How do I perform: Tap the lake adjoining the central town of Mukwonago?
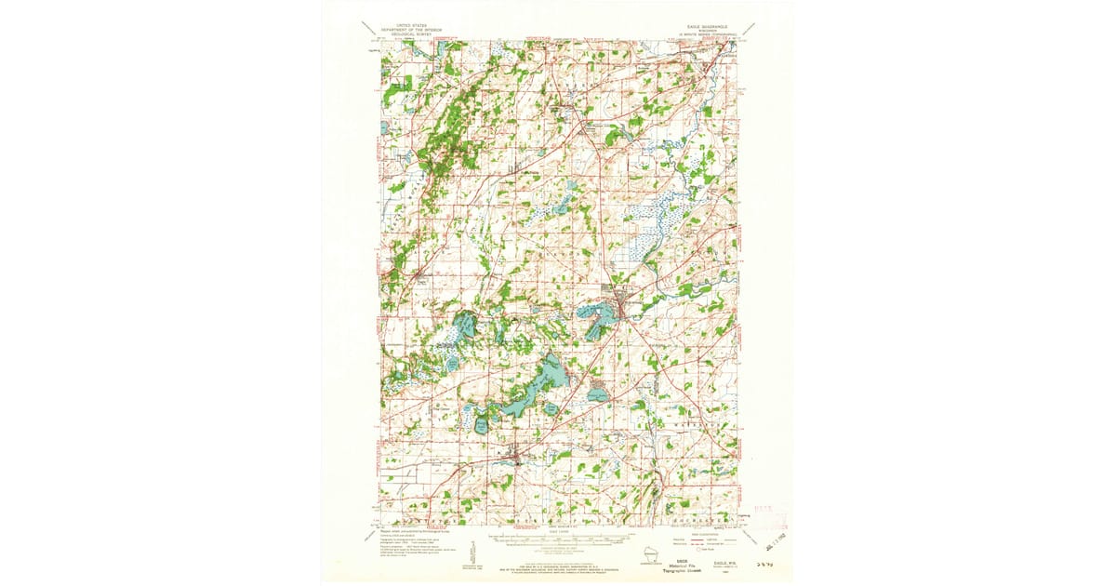(595, 322)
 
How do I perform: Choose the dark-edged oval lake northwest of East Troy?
(482, 425)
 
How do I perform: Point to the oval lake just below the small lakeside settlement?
(597, 394)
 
